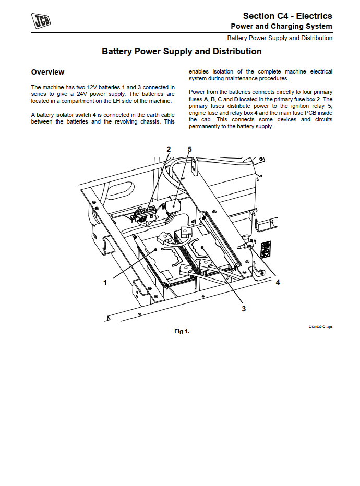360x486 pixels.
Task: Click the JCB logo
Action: [41, 21]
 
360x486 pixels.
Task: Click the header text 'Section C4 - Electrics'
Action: [287, 16]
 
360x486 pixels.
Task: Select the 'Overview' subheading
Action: [47, 72]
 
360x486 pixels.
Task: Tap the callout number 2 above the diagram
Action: [169, 149]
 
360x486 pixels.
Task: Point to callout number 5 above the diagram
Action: [190, 149]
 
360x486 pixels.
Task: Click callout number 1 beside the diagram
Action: [105, 283]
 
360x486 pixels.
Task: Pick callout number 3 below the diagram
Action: [244, 309]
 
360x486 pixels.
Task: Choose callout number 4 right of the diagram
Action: [278, 282]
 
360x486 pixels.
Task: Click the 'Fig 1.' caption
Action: [182, 331]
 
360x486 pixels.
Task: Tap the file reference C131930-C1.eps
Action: [320, 326]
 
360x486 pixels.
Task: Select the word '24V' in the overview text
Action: [82, 94]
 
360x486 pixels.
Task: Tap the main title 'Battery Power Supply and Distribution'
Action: [182, 52]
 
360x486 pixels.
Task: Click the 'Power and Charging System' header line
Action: [281, 27]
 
